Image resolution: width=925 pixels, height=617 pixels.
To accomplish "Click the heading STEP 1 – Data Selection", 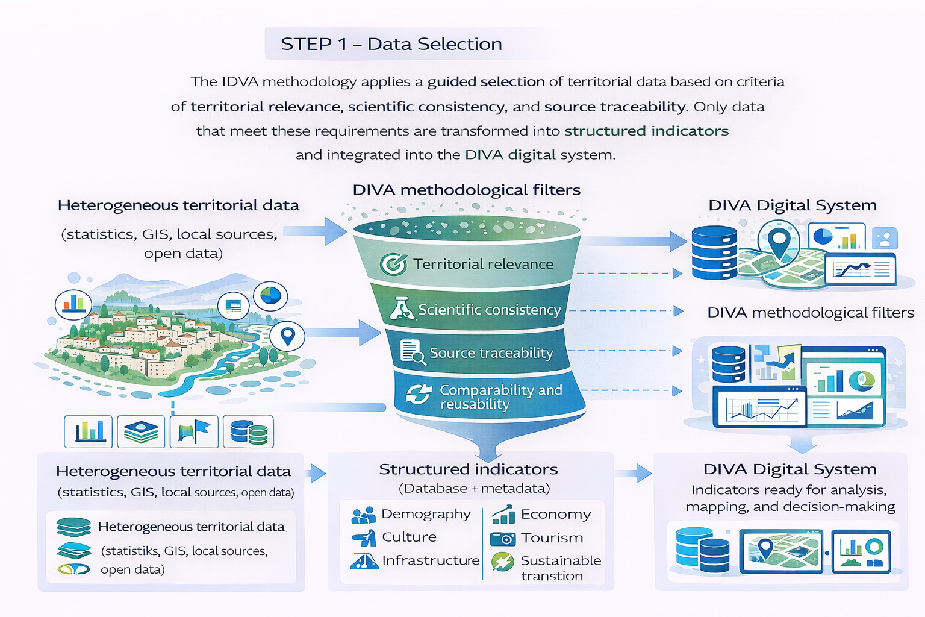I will pyautogui.click(x=391, y=44).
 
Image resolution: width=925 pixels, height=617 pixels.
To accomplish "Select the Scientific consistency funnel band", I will pyautogui.click(x=476, y=310).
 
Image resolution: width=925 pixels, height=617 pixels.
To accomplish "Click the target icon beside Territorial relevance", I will pyautogui.click(x=393, y=264).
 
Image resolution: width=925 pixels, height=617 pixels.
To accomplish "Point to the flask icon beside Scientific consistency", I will pyautogui.click(x=401, y=308).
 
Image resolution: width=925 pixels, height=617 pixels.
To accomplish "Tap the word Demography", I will pyautogui.click(x=426, y=514).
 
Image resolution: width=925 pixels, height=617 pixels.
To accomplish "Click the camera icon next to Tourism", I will pyautogui.click(x=503, y=538).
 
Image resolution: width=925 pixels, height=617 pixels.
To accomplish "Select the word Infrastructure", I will pyautogui.click(x=431, y=560).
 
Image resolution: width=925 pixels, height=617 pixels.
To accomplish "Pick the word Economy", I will pyautogui.click(x=556, y=514).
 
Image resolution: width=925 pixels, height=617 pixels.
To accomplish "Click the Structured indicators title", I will pyautogui.click(x=469, y=469).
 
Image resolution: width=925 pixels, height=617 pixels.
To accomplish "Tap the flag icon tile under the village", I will pyautogui.click(x=194, y=431).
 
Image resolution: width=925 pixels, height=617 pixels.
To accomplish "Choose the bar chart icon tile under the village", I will pyautogui.click(x=89, y=431).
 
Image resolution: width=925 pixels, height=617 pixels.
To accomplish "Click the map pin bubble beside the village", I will pyautogui.click(x=287, y=336).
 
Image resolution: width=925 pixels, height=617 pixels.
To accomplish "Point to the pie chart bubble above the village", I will pyautogui.click(x=270, y=296).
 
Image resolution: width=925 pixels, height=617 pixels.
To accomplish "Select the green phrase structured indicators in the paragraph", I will pyautogui.click(x=646, y=131).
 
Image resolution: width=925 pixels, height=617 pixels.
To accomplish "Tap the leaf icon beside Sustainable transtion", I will pyautogui.click(x=502, y=562).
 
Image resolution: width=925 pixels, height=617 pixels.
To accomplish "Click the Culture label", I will pyautogui.click(x=409, y=537).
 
